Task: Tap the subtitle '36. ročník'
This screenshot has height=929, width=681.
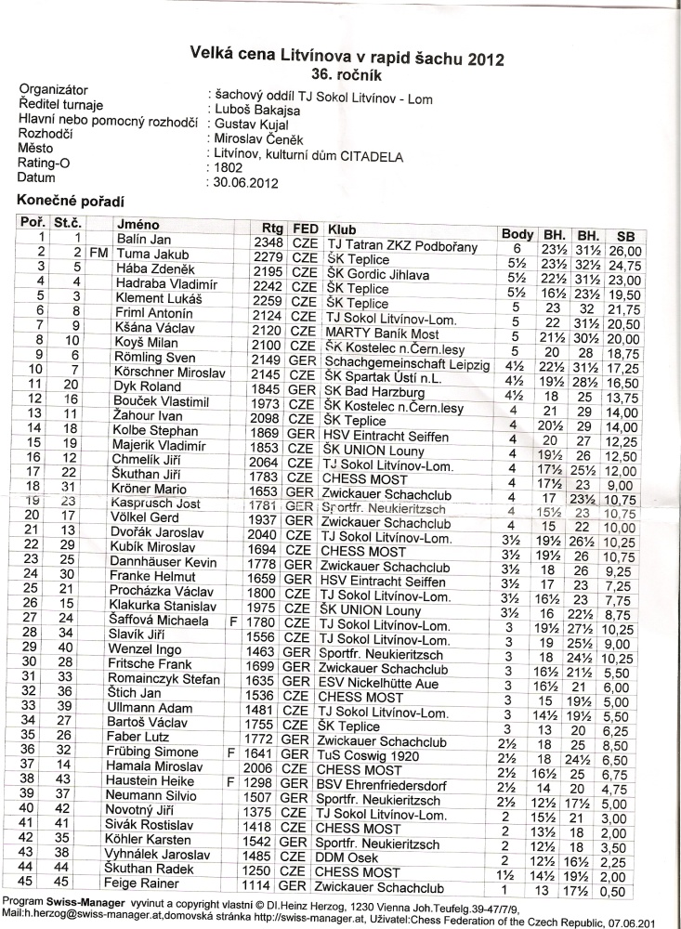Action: point(348,75)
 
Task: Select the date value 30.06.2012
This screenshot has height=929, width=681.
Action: point(239,182)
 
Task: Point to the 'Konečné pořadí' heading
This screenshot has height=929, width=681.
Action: point(71,201)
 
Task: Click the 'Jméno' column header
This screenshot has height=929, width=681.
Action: point(138,225)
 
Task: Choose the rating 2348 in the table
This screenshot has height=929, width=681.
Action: point(268,242)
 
